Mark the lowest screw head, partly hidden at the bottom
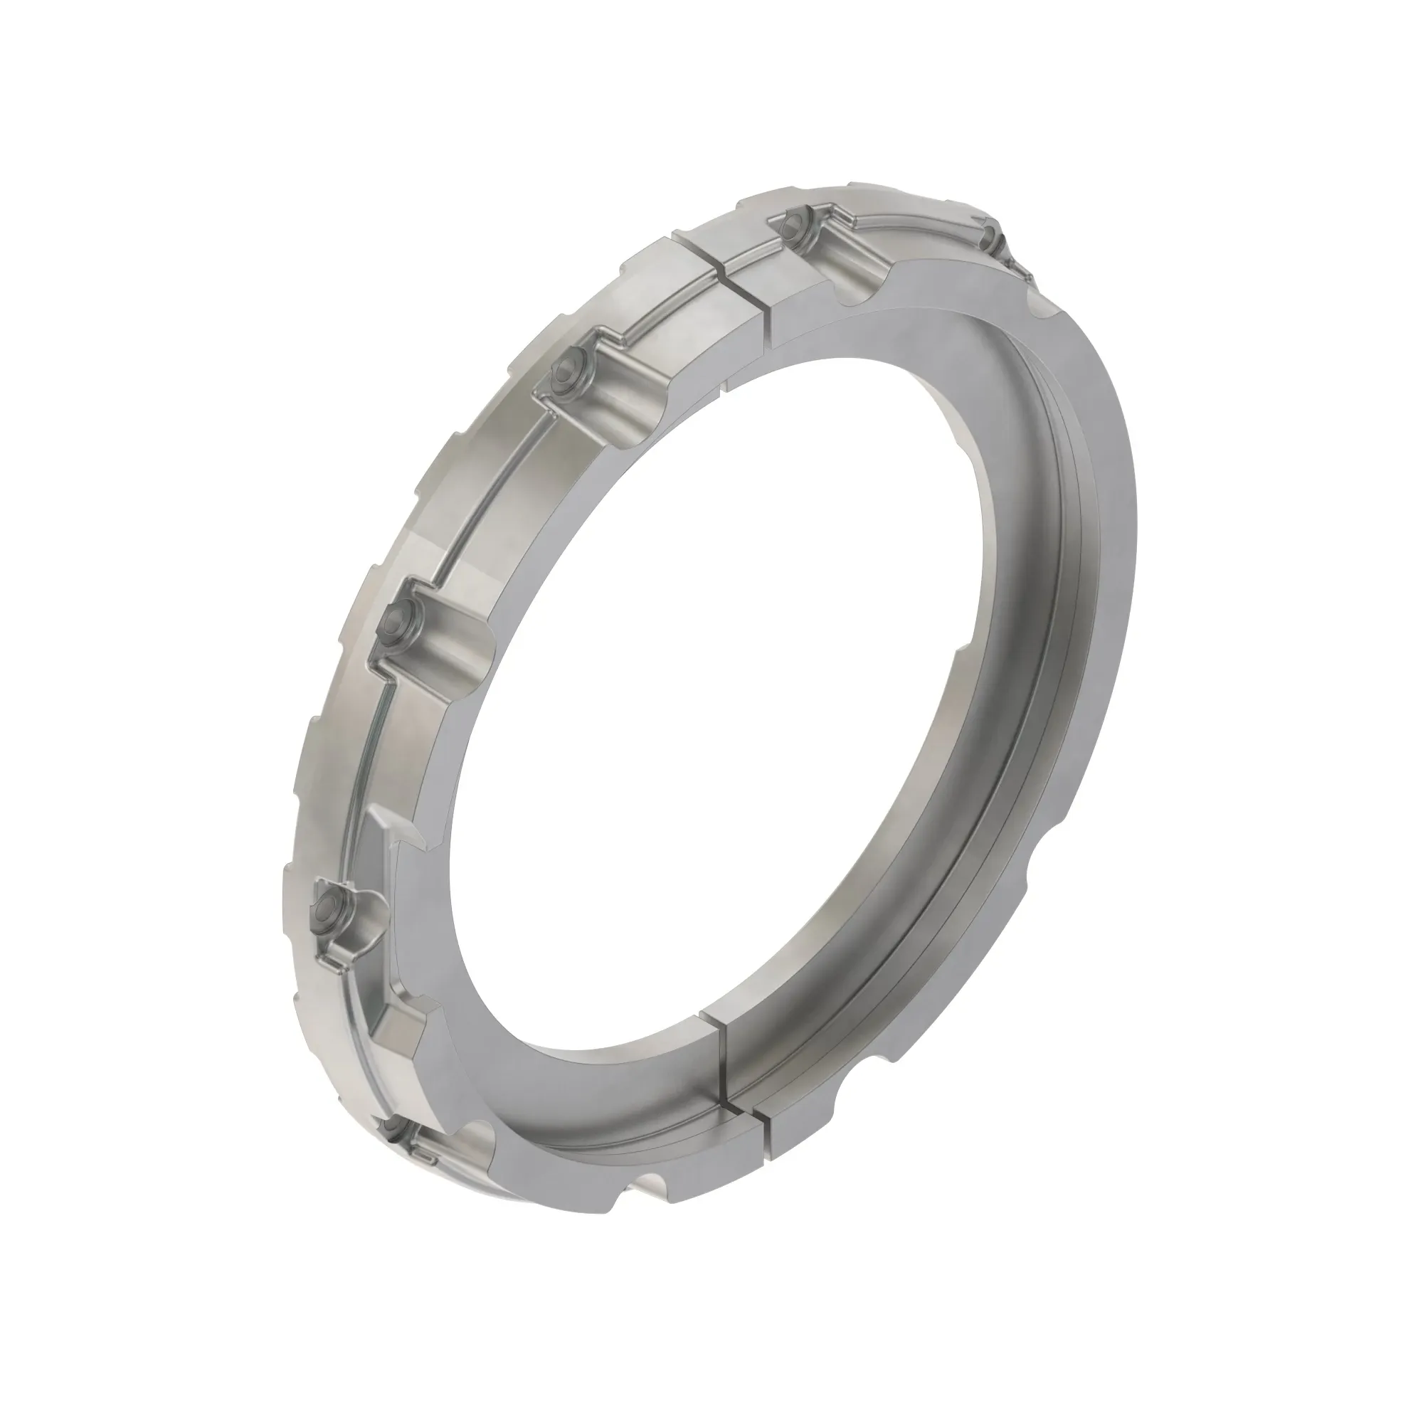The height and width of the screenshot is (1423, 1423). (x=391, y=1147)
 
